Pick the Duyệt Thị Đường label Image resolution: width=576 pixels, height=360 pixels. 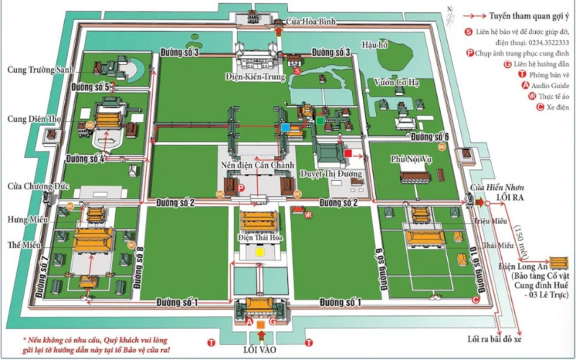pyautogui.click(x=333, y=174)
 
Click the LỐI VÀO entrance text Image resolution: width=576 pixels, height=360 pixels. pyautogui.click(x=261, y=348)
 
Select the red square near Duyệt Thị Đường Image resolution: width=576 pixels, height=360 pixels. pyautogui.click(x=349, y=153)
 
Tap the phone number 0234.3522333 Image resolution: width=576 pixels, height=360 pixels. pyautogui.click(x=535, y=42)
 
